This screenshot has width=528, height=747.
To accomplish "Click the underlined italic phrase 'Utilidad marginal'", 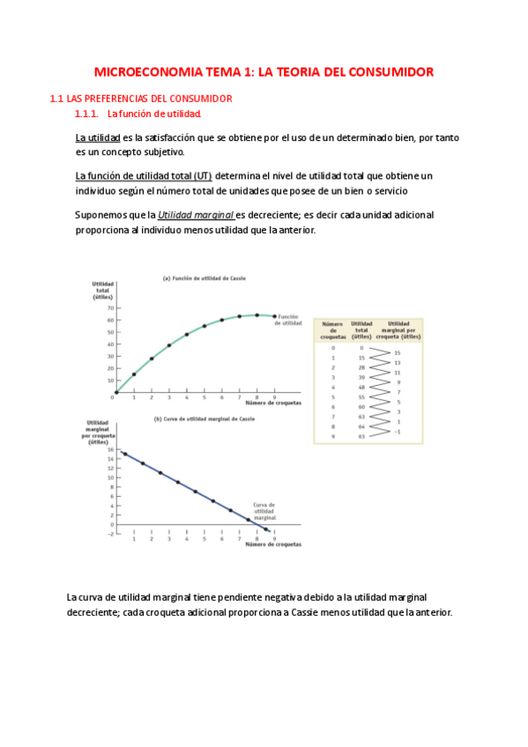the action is click(196, 215).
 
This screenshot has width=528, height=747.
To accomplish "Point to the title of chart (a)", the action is click(204, 278).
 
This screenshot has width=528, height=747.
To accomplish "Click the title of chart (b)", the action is click(204, 419).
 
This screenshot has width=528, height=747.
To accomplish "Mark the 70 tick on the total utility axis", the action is click(108, 308).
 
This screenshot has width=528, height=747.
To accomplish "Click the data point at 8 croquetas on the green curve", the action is click(257, 314).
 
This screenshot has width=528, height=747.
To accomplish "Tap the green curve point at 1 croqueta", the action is click(134, 373).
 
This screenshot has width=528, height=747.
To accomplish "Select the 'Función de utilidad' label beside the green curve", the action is click(290, 320).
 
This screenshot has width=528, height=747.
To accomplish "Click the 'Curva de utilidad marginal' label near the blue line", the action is click(265, 511).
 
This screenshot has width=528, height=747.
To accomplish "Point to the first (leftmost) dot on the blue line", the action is click(125, 454).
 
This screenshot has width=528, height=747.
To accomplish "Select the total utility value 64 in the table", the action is click(361, 426).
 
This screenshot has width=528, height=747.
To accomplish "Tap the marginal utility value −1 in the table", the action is click(397, 432).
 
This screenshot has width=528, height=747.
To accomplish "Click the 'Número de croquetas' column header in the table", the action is click(332, 331).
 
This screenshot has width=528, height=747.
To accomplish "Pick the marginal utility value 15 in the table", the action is click(397, 353).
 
